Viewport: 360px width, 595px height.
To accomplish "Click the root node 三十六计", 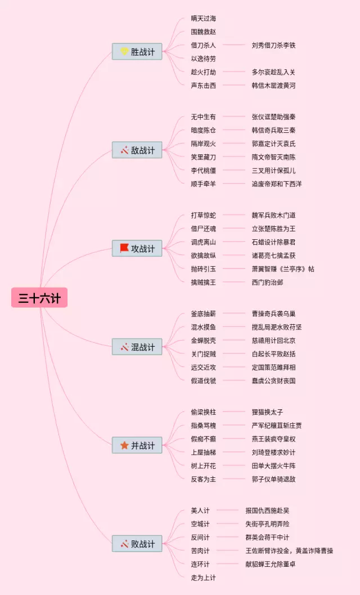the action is pos(39,298).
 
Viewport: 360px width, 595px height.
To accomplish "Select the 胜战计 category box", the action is pos(137,52).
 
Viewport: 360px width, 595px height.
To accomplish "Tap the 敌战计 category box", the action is pos(137,150).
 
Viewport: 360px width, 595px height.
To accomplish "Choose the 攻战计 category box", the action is pos(137,249).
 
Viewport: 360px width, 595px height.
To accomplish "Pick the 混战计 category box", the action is pos(137,347).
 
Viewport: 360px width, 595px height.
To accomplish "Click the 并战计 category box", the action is pos(137,445).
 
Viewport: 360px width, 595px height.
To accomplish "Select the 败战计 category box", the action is pos(137,544).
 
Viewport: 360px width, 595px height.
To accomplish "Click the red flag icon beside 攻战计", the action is pos(124,248).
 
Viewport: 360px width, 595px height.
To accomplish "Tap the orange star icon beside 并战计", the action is pos(124,445).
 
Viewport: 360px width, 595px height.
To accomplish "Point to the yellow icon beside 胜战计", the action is pos(124,52).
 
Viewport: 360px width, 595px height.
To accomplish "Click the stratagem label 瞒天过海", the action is pos(203,19).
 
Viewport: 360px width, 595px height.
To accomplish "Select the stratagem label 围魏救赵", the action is pos(203,32).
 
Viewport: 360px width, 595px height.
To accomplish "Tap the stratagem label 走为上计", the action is pos(203,578).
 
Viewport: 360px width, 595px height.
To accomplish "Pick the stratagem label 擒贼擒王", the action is pos(203,282).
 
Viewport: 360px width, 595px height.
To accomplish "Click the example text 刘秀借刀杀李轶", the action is pos(273,45).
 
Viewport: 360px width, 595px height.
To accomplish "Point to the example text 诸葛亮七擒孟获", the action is pos(273,256).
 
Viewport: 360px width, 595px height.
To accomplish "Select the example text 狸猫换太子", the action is pos(267,412).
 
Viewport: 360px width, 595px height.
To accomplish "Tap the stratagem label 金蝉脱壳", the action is pos(203,341).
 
